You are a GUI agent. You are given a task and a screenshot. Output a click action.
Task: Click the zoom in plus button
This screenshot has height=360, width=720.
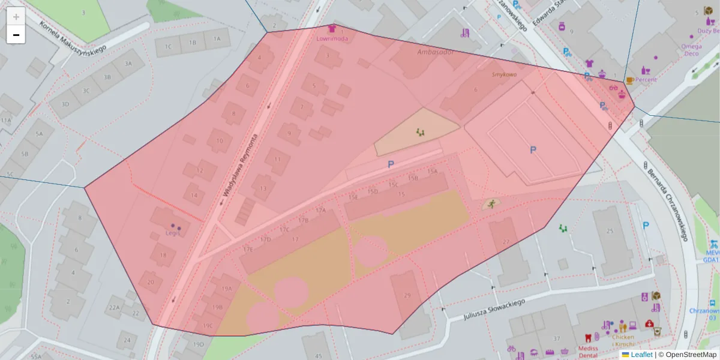(x=16, y=16)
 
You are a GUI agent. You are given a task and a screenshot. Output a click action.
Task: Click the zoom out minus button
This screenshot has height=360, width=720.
(x=16, y=35)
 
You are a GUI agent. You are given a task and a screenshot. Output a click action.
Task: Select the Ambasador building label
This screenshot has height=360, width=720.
(x=435, y=52)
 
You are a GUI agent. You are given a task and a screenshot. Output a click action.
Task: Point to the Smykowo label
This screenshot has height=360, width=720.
(x=504, y=74)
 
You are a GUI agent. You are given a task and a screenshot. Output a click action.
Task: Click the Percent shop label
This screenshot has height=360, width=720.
(x=646, y=79)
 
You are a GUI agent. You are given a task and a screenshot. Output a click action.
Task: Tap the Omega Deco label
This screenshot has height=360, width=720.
(x=691, y=50)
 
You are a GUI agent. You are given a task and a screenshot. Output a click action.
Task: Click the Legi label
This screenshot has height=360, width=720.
(x=173, y=233)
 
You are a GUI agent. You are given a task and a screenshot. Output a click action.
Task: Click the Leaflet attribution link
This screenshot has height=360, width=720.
(x=641, y=355)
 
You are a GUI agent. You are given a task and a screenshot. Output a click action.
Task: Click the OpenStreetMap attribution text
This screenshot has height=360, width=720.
(x=687, y=355)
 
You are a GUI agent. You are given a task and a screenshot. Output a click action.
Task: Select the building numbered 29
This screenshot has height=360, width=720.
(x=407, y=295)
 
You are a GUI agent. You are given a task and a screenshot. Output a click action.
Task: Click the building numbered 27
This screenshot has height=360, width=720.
(x=506, y=242)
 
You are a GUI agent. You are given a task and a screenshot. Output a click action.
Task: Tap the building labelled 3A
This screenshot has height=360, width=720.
(x=128, y=63)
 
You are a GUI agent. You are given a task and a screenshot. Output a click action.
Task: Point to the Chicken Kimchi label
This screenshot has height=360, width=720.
(x=623, y=341)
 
